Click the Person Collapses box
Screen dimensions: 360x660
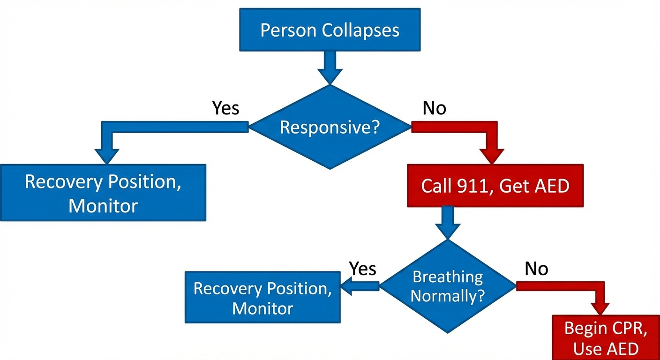(x=330, y=30)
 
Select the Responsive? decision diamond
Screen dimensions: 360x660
(x=330, y=127)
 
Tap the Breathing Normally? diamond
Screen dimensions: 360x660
(x=448, y=286)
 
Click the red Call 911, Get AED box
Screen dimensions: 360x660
(x=495, y=186)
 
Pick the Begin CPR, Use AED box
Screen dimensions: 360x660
(x=606, y=337)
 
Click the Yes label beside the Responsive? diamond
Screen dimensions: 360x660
(x=225, y=108)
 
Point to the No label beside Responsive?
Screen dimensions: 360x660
(x=434, y=108)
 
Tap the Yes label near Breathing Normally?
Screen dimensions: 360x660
(x=363, y=269)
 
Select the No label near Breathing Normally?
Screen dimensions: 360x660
(x=536, y=269)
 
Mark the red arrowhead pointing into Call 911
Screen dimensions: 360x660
(x=491, y=156)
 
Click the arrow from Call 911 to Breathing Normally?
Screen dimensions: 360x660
(x=448, y=223)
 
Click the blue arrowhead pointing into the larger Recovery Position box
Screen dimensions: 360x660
(x=107, y=156)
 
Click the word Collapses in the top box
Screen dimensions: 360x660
(x=360, y=30)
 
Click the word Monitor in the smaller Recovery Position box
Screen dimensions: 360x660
(x=262, y=308)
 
